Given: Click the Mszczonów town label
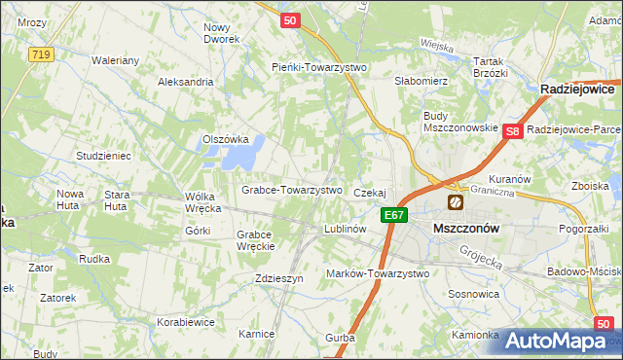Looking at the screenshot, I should (465, 228).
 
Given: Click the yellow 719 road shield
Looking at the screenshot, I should (40, 54).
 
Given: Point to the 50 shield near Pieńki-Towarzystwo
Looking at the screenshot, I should (288, 19).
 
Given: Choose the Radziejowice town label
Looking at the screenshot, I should (580, 89).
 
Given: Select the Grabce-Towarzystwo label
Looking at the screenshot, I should (292, 190).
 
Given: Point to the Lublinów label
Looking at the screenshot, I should (344, 230).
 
